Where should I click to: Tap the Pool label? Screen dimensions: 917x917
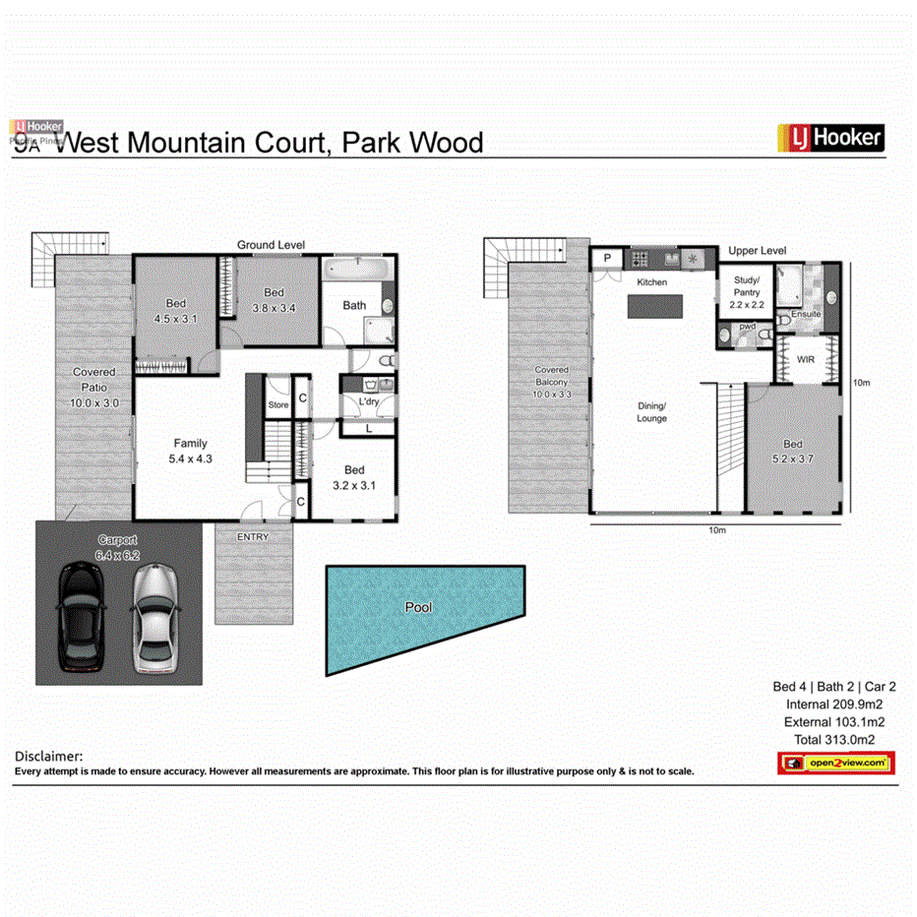(419, 607)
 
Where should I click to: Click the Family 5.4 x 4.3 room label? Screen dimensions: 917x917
(191, 451)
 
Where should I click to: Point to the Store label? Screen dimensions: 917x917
(278, 404)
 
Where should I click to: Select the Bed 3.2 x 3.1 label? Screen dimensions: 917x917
(354, 477)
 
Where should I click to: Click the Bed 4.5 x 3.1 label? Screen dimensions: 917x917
(176, 311)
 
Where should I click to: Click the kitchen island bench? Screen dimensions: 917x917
(652, 308)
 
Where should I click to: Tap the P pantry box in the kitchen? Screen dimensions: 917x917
(607, 259)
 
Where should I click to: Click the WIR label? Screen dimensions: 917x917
(806, 360)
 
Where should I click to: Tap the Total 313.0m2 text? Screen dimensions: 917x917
(830, 740)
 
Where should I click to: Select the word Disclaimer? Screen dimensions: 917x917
(48, 756)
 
